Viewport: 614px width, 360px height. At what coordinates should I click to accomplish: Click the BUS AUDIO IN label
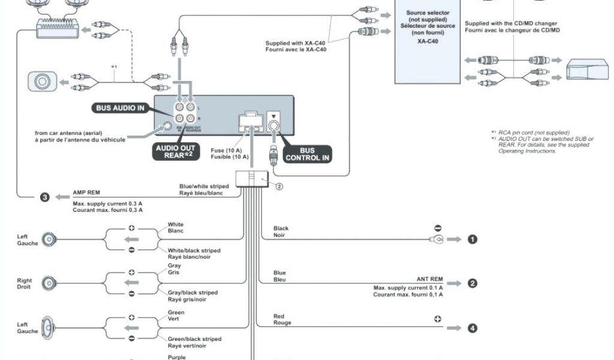click(121, 108)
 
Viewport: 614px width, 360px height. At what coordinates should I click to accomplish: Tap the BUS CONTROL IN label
click(308, 154)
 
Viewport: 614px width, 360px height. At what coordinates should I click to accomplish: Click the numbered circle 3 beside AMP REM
click(44, 197)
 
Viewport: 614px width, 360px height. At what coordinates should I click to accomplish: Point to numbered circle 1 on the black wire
click(472, 239)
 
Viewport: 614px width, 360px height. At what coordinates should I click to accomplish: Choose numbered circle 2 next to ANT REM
click(472, 283)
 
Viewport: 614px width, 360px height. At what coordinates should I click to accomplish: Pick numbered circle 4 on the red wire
click(472, 328)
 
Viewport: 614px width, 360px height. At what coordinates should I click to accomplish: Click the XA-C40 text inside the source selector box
click(428, 41)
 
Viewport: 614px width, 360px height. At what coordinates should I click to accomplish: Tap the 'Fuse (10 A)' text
click(226, 150)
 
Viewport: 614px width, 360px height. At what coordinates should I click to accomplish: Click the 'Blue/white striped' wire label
click(204, 187)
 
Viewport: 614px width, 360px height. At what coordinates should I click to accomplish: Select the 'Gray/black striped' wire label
click(192, 293)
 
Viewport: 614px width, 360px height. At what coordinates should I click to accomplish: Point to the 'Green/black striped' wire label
click(193, 339)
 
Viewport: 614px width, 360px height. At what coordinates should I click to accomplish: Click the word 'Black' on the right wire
click(281, 229)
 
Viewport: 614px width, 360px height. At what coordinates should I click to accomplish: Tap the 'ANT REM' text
click(429, 279)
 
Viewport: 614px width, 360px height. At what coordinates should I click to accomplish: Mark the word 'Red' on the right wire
click(279, 316)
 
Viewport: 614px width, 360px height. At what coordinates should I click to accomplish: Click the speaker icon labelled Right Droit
click(49, 283)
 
